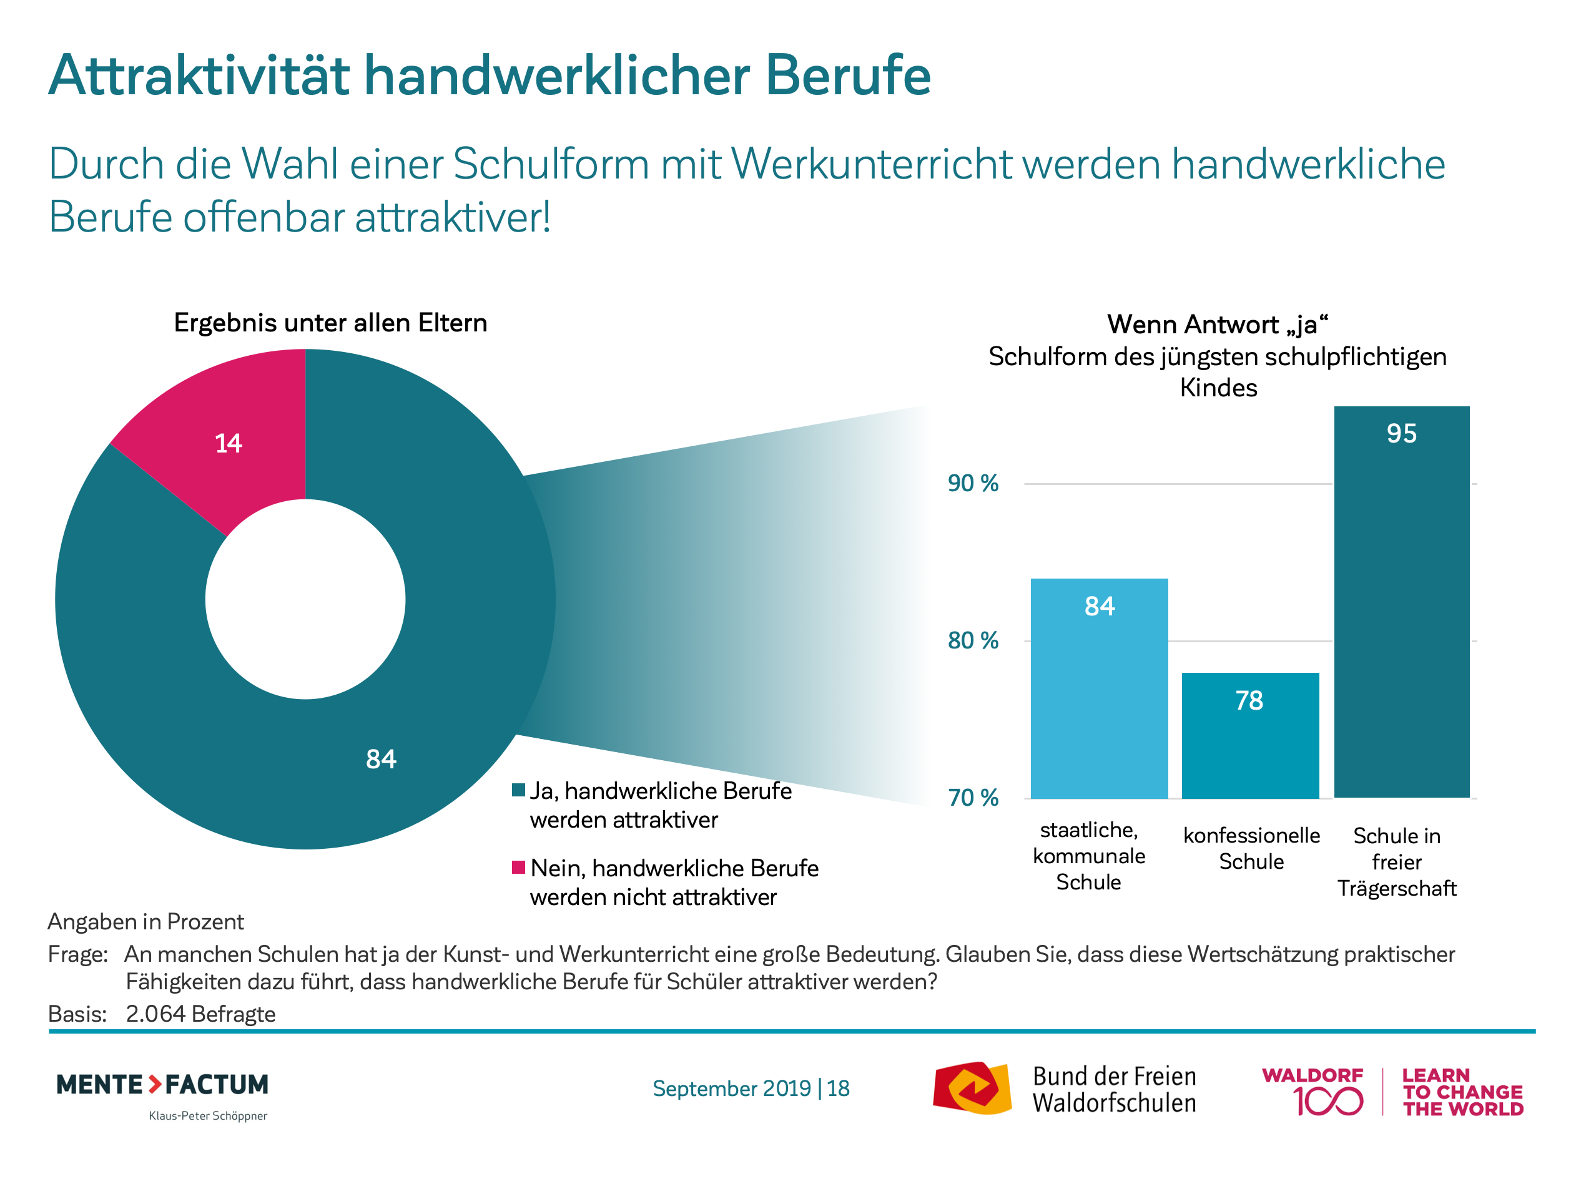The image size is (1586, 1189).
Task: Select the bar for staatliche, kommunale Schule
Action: coord(1098,688)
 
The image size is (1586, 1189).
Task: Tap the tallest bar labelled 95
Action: coord(1401,602)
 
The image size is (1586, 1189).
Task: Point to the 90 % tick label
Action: coord(972,484)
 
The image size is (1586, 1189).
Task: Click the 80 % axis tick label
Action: coord(972,641)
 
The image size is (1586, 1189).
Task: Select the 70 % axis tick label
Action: coord(972,798)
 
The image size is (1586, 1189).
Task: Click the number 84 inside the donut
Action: coord(381,759)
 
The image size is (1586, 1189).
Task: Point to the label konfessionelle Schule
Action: coord(1251,849)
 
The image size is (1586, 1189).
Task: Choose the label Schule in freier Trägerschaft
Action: coord(1397,862)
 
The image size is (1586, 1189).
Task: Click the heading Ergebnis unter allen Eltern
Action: coord(330,323)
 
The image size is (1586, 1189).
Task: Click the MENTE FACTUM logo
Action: coord(162,1085)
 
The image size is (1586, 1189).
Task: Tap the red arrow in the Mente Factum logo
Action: coord(155,1084)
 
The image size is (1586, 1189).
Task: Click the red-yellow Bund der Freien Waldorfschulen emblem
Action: coord(972,1089)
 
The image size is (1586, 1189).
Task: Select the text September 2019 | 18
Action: coord(751,1089)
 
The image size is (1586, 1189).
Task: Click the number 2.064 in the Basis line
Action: coord(155,1014)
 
